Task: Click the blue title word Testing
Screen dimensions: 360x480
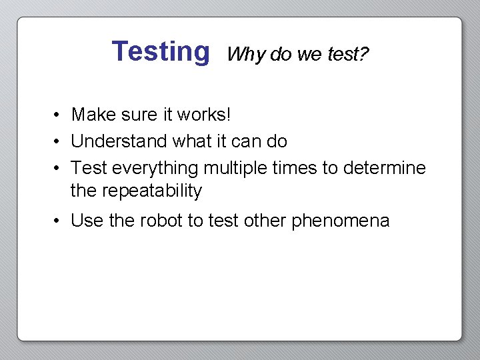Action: pos(160,51)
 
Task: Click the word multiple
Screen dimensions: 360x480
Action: pos(236,168)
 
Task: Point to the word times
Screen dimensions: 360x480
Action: pos(295,168)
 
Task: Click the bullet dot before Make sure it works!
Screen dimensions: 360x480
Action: pos(59,115)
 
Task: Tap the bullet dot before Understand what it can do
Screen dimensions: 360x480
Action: pos(59,142)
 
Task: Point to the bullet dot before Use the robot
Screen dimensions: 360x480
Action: pos(59,221)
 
